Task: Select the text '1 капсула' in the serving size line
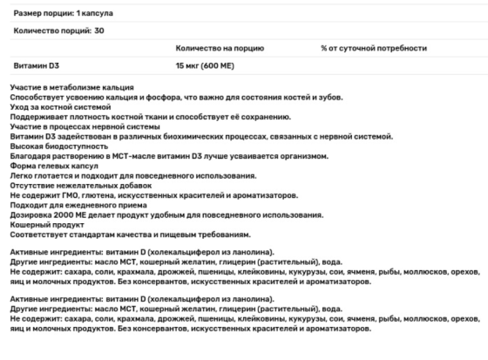(101, 15)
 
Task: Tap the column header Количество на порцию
(220, 48)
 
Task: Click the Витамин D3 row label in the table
(37, 65)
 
